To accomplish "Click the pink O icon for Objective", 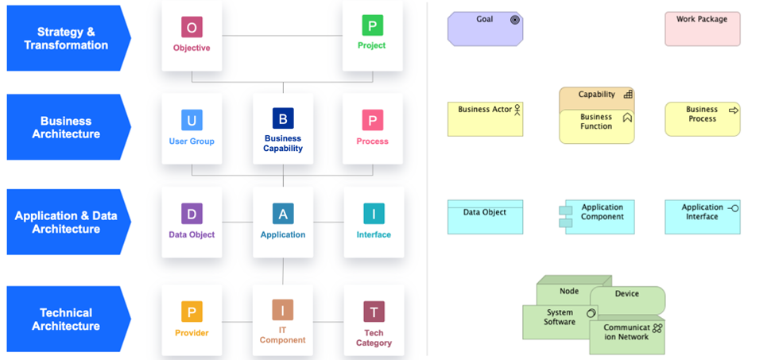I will click(x=192, y=27).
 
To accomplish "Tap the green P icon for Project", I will click(x=372, y=26).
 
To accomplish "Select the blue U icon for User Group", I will click(x=192, y=120).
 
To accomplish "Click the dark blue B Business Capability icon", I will click(x=283, y=119).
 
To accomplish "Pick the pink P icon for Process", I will click(x=372, y=120).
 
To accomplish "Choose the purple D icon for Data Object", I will click(x=192, y=214).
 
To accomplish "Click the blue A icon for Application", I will click(x=283, y=214).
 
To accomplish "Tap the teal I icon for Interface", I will click(x=374, y=214).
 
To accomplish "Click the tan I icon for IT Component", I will click(x=282, y=310).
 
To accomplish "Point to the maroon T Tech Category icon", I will click(x=374, y=312).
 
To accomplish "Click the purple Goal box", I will click(x=485, y=29).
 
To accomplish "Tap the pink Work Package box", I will click(x=702, y=29).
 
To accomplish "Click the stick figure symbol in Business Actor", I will click(x=517, y=109).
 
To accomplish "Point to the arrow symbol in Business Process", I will click(x=733, y=110).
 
